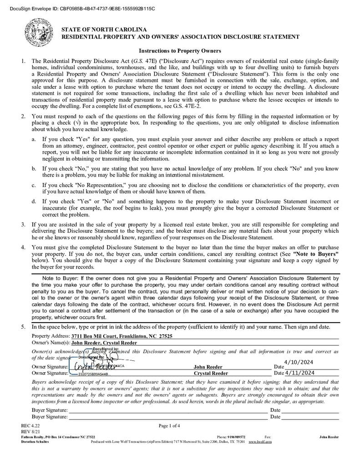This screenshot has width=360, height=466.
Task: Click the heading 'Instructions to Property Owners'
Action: [180, 51]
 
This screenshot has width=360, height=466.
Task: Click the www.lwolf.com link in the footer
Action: [260, 442]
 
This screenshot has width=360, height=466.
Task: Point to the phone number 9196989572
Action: [237, 437]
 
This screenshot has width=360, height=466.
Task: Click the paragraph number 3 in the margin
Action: [23, 224]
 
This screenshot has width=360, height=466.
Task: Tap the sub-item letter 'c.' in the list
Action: [34, 185]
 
